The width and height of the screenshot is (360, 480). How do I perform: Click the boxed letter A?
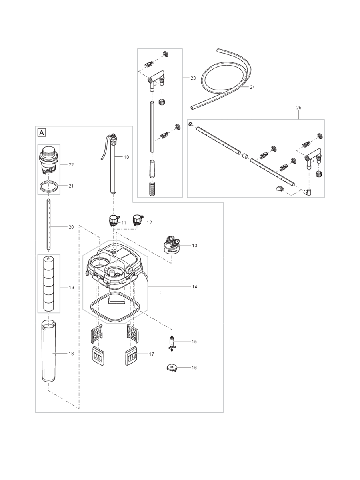click(42, 132)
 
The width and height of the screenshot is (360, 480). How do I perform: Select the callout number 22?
click(71, 164)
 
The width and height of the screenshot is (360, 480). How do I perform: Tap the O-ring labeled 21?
click(48, 186)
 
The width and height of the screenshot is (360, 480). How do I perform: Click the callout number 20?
click(71, 227)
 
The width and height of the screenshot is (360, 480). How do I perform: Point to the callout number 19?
click(71, 287)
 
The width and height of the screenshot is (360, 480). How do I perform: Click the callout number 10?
click(126, 157)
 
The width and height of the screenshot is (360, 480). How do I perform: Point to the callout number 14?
click(194, 287)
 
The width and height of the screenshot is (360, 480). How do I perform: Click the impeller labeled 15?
click(172, 343)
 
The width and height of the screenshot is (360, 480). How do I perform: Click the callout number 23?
click(193, 78)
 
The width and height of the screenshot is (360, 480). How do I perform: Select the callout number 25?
click(299, 108)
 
